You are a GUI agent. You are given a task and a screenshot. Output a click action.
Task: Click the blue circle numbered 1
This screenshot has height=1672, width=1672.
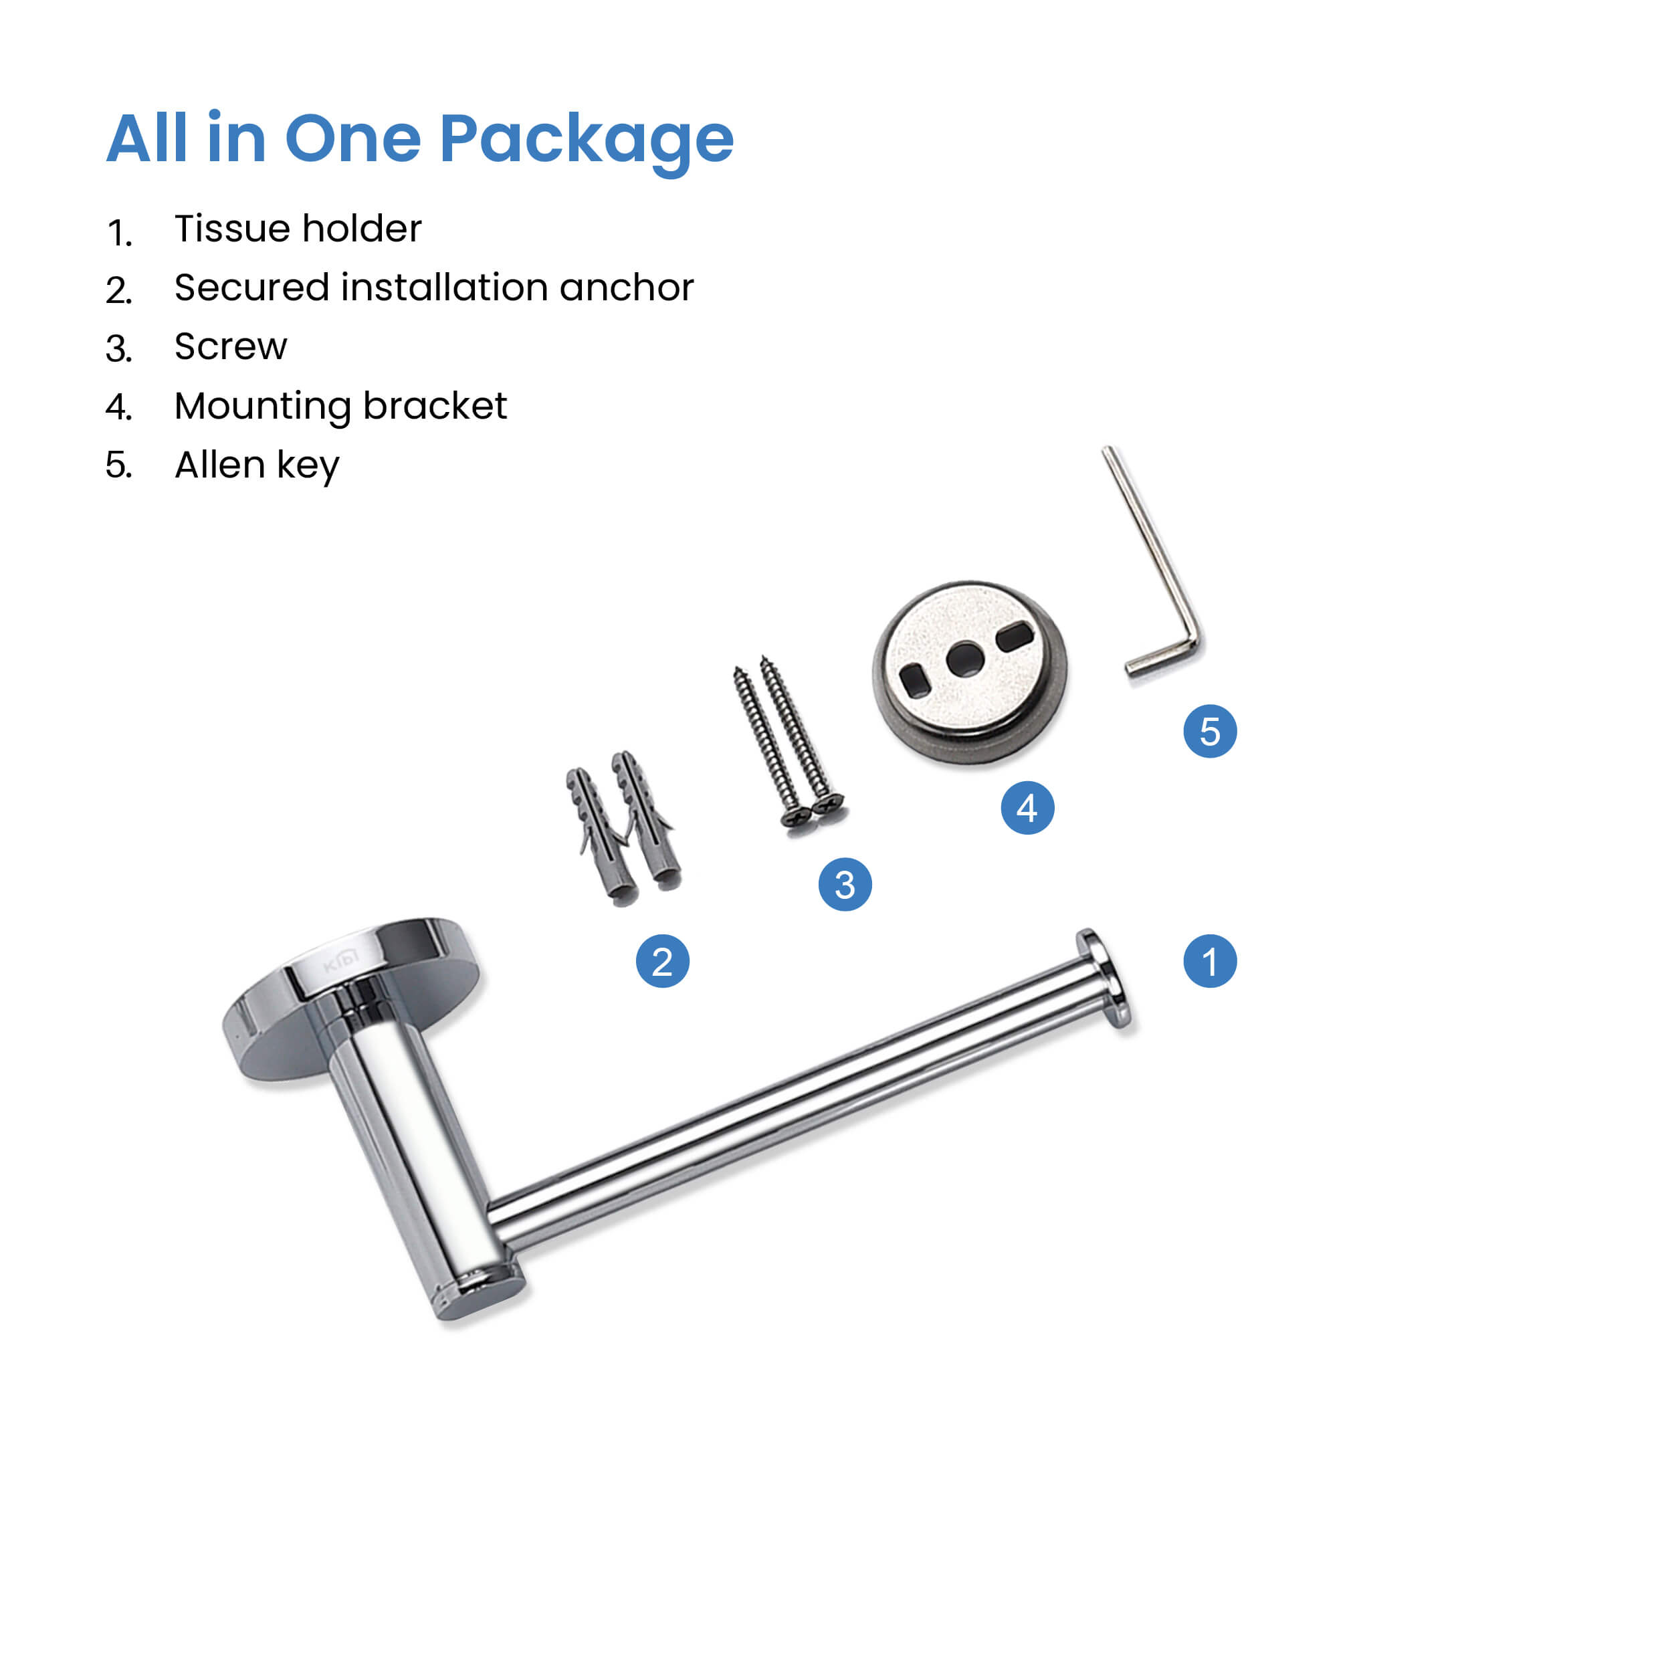[1210, 962]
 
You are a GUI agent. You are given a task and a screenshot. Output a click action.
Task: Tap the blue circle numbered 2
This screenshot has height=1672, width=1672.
[662, 962]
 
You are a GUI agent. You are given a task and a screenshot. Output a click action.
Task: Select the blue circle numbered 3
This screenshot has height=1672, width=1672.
[845, 884]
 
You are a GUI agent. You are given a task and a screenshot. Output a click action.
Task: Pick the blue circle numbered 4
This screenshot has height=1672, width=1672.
[1027, 807]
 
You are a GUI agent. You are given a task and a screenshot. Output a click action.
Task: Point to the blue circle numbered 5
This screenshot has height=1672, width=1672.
[1210, 731]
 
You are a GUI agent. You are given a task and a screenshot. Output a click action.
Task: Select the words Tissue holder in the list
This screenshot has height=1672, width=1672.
[298, 229]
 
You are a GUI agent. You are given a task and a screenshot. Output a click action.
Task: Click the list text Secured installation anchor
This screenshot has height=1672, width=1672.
[433, 288]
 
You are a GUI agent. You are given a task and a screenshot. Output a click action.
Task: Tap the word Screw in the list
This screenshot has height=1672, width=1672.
[230, 347]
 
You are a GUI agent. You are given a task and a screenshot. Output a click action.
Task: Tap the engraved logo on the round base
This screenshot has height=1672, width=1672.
[341, 960]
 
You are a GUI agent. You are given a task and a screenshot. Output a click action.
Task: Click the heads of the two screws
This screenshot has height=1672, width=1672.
[812, 810]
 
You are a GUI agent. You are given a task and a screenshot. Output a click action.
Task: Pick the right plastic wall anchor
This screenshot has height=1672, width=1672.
[647, 819]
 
